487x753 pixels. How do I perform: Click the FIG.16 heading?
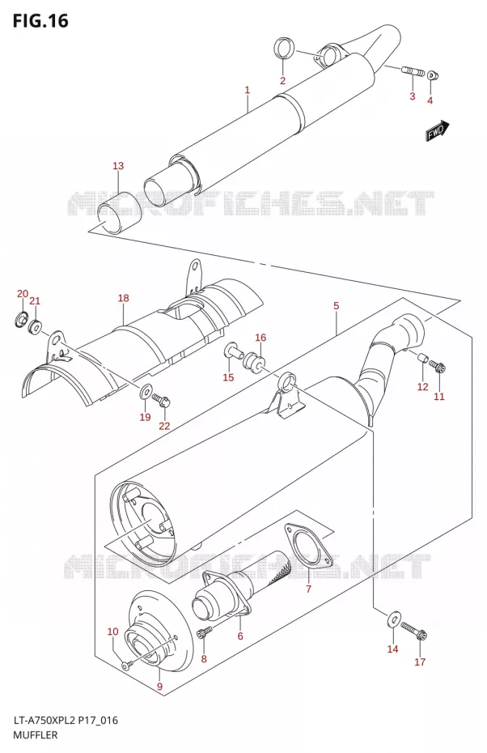[40, 21]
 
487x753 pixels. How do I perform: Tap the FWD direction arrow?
[438, 131]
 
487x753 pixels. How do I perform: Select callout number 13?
[118, 166]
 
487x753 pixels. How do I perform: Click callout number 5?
[336, 305]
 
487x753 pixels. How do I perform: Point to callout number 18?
[123, 298]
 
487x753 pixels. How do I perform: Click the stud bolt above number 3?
[413, 73]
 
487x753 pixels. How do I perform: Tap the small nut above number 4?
[432, 75]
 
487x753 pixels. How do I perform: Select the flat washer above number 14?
[393, 619]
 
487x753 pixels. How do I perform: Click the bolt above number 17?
[414, 630]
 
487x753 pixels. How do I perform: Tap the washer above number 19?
[145, 393]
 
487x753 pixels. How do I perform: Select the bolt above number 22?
[162, 399]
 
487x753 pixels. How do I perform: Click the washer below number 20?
[21, 318]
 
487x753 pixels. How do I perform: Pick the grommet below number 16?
[255, 363]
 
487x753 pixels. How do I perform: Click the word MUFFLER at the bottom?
[35, 735]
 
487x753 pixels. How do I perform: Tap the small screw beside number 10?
[127, 666]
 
